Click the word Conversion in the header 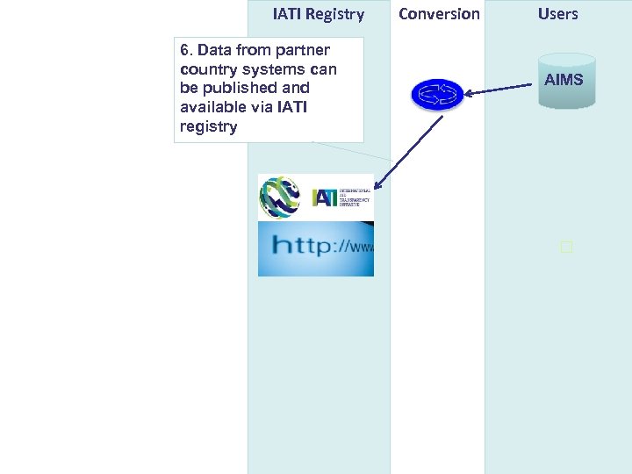coord(439,14)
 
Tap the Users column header coord(558,14)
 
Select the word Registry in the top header coord(334,14)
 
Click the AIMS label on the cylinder coord(564,80)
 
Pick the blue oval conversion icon coord(436,94)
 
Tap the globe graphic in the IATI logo coord(281,197)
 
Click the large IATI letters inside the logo coord(325,197)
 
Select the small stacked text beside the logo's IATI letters coord(355,197)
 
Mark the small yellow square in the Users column coord(566,248)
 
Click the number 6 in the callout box coord(184,50)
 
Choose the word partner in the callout coord(302,50)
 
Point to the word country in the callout coord(205,69)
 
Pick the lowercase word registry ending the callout coord(208,126)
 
